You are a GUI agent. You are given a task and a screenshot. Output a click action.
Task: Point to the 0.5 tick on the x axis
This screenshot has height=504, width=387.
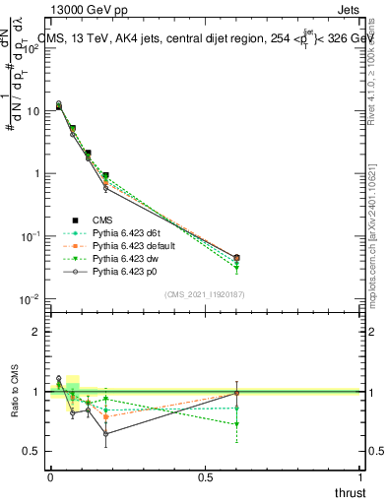[205, 477]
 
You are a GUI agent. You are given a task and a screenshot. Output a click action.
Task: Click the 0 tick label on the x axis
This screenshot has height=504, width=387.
[50, 477]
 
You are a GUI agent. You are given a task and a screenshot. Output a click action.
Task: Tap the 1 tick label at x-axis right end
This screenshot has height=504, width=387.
[360, 477]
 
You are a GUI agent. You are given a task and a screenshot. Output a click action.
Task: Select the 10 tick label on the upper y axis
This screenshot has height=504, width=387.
[32, 111]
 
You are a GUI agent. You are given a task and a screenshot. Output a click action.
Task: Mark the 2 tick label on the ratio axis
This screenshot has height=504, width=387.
[38, 332]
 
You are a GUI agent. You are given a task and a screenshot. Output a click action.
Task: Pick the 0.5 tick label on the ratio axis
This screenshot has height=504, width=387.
[33, 451]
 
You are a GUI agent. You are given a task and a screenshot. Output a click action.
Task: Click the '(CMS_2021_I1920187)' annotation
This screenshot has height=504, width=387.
[204, 293]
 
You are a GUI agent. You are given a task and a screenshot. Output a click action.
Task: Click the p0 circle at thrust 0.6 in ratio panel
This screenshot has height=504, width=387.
[236, 393]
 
